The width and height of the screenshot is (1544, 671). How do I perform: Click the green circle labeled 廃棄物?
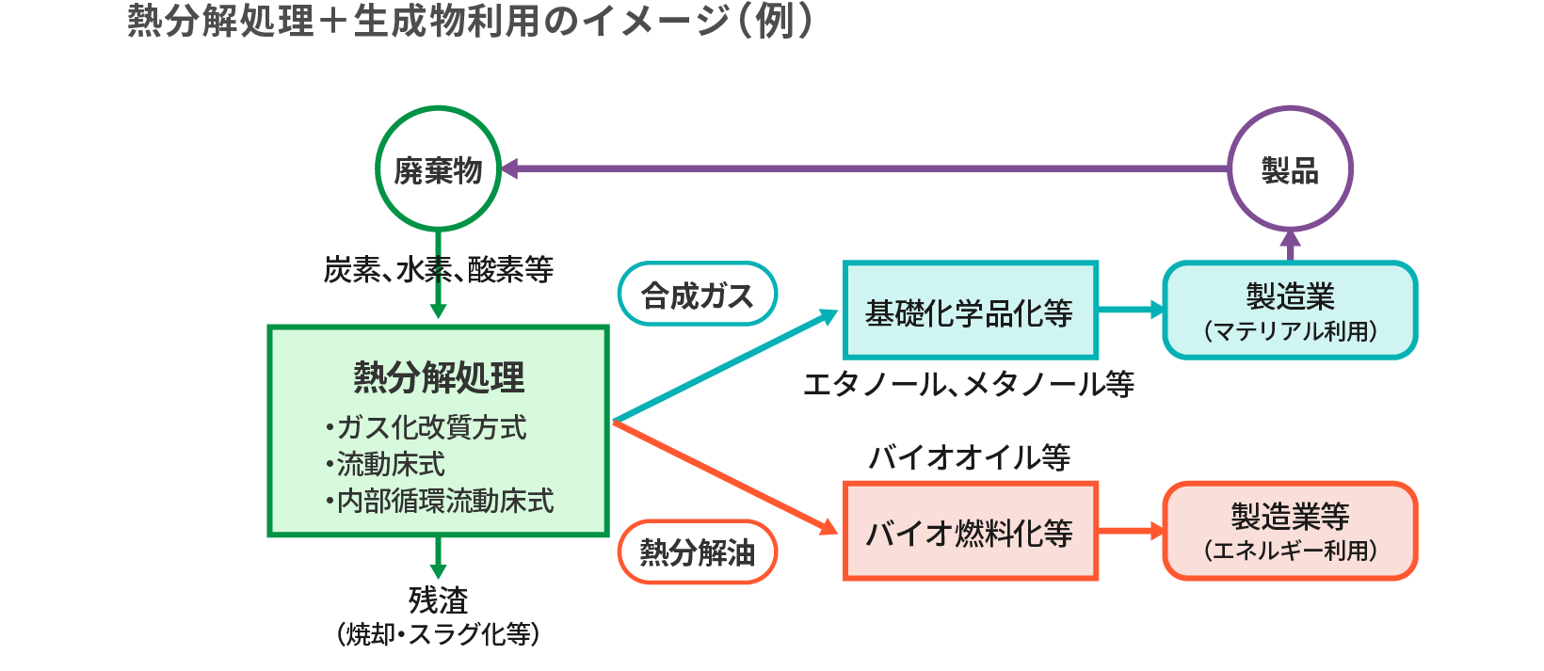click(438, 169)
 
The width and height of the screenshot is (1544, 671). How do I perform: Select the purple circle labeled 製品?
click(1290, 169)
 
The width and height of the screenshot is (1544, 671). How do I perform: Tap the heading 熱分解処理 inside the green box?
click(439, 377)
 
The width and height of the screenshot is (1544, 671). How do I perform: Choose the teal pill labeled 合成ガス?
click(698, 295)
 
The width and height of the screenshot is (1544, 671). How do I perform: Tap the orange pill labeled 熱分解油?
click(698, 551)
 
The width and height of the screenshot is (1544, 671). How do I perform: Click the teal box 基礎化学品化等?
click(970, 312)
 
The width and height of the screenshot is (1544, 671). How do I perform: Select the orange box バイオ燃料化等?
click(970, 532)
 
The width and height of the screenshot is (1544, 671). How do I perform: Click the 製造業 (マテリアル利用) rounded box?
click(1290, 311)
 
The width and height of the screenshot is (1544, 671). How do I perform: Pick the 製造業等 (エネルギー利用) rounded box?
click(1290, 531)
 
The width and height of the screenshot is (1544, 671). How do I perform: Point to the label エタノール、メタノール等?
click(969, 384)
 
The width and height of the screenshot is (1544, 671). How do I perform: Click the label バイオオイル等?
click(969, 457)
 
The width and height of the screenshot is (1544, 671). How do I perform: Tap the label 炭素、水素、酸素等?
click(439, 270)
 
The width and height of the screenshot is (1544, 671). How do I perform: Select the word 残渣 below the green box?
click(438, 599)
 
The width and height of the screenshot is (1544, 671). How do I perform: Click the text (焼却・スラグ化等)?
click(438, 634)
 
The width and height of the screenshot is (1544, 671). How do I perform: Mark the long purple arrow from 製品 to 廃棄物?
click(866, 169)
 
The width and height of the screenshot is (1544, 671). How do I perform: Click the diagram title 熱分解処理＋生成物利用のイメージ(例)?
click(470, 21)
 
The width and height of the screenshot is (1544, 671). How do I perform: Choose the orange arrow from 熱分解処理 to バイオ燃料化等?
click(725, 476)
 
